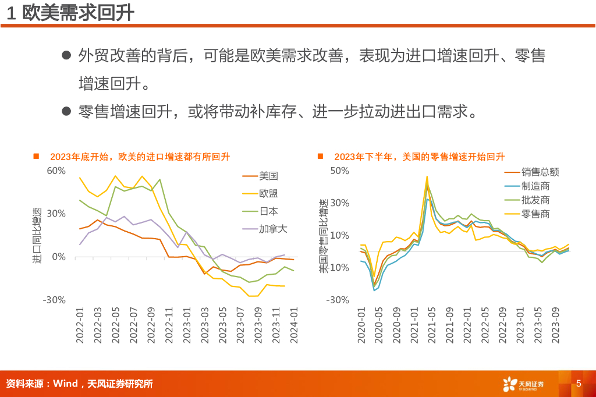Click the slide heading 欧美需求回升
pyautogui.click(x=78, y=13)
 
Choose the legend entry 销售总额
pyautogui.click(x=540, y=172)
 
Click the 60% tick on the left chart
pyautogui.click(x=56, y=171)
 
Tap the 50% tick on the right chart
pyautogui.click(x=339, y=171)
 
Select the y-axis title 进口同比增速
pyautogui.click(x=37, y=235)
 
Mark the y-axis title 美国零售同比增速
pyautogui.click(x=324, y=235)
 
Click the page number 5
pyautogui.click(x=579, y=384)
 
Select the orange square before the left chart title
pyautogui.click(x=36, y=156)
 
